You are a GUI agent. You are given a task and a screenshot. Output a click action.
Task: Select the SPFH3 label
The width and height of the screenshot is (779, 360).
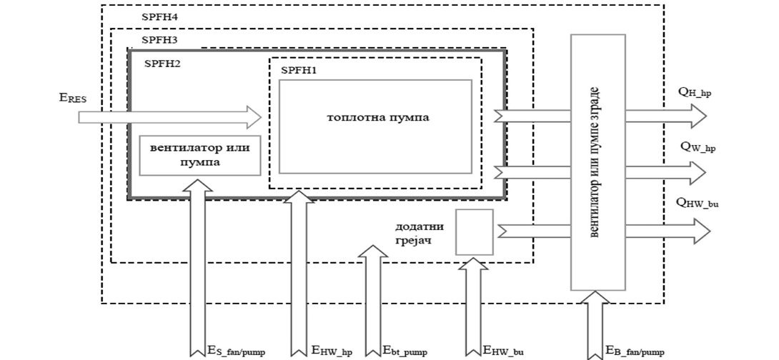pyautogui.click(x=159, y=40)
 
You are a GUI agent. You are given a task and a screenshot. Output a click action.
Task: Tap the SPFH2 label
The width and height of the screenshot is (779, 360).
pyautogui.click(x=162, y=64)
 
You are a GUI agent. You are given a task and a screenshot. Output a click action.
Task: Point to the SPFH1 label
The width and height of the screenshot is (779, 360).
pyautogui.click(x=299, y=70)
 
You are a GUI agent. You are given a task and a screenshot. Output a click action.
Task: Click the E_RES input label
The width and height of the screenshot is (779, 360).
pyautogui.click(x=73, y=99)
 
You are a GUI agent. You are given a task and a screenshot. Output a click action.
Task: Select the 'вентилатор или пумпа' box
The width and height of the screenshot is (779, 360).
pyautogui.click(x=199, y=155)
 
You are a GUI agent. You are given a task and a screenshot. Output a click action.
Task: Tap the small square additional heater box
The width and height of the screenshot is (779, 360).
pyautogui.click(x=475, y=232)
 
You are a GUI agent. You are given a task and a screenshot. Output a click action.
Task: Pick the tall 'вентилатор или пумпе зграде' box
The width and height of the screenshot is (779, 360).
pyautogui.click(x=597, y=162)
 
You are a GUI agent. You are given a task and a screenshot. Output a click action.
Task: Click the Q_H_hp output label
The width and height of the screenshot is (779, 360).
pyautogui.click(x=695, y=92)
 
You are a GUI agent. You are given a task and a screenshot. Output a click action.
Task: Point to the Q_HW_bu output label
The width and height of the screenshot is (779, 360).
pyautogui.click(x=698, y=203)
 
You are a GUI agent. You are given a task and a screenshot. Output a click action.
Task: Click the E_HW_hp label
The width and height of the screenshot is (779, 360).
pyautogui.click(x=332, y=351)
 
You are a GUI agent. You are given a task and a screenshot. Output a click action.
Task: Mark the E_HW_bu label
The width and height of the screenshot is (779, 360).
pyautogui.click(x=508, y=351)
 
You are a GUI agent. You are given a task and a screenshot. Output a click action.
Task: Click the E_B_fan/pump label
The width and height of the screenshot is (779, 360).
pyautogui.click(x=635, y=351)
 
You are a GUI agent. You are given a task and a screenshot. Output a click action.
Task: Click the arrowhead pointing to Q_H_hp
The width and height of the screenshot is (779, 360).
pyautogui.click(x=698, y=115)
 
